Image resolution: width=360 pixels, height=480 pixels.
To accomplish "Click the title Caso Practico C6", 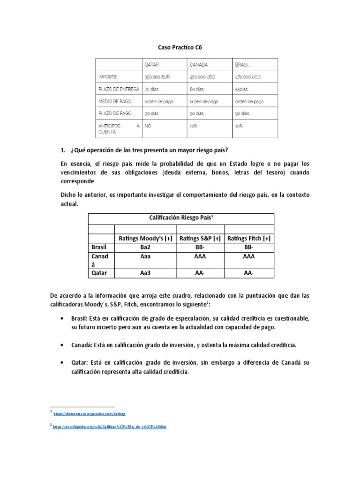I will pyautogui.click(x=180, y=47).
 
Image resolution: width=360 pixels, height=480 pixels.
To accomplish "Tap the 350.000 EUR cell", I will pyautogui.click(x=157, y=77).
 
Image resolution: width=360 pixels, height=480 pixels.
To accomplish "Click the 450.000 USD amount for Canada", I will pyautogui.click(x=202, y=77).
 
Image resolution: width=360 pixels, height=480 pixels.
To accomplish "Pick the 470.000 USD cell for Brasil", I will pyautogui.click(x=247, y=77).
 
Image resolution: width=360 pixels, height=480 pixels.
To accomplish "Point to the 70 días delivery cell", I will pyautogui.click(x=152, y=89).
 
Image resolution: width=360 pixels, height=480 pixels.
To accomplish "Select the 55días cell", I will pyautogui.click(x=242, y=89).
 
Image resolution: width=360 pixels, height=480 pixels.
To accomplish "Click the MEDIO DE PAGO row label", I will pyautogui.click(x=115, y=101).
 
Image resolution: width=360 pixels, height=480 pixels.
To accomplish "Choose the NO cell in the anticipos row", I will pyautogui.click(x=148, y=126).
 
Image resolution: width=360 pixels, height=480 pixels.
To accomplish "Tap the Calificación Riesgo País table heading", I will pyautogui.click(x=180, y=218).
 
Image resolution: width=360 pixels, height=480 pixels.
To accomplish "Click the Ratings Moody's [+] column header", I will pyautogui.click(x=145, y=239).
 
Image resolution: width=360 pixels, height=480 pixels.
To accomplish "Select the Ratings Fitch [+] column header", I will pyautogui.click(x=249, y=239).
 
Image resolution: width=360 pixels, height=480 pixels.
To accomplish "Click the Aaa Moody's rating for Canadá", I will pyautogui.click(x=145, y=257).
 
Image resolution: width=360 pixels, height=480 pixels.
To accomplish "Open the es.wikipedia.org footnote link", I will pyautogui.click(x=110, y=427).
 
